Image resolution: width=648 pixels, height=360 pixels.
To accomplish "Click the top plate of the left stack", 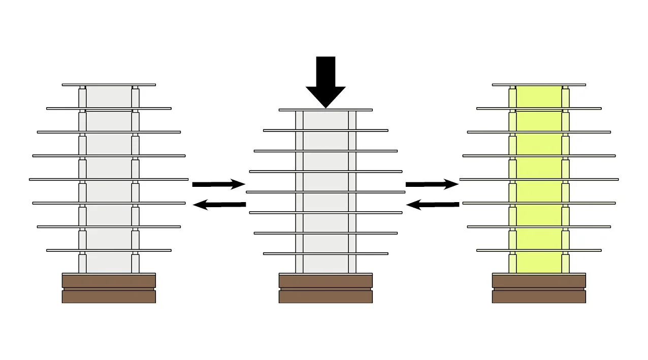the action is pyautogui.click(x=109, y=85).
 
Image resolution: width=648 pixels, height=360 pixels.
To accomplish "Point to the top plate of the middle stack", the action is pyautogui.click(x=326, y=110).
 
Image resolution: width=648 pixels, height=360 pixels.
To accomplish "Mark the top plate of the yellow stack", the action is pyautogui.click(x=539, y=85).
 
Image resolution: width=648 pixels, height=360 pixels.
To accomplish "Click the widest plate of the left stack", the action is pyautogui.click(x=109, y=179).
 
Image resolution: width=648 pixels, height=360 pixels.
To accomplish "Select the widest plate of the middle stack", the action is pyautogui.click(x=326, y=192).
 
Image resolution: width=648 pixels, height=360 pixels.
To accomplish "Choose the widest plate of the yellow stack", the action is pyautogui.click(x=539, y=179).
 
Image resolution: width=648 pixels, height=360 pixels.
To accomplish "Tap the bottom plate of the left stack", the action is pyautogui.click(x=109, y=250).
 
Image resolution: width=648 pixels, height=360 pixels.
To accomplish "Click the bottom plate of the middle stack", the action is pyautogui.click(x=326, y=253).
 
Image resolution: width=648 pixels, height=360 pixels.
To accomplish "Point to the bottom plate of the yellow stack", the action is pyautogui.click(x=539, y=250).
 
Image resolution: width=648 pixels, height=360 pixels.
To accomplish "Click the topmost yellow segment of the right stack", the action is pyautogui.click(x=539, y=96).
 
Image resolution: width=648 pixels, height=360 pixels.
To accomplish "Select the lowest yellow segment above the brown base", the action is pyautogui.click(x=539, y=263).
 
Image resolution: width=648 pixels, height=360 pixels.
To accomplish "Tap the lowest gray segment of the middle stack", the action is pyautogui.click(x=326, y=264).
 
